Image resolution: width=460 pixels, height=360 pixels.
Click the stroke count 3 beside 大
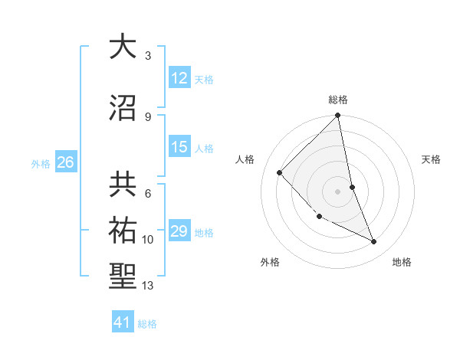tap(148, 55)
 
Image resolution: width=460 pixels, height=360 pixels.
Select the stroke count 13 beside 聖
tap(148, 286)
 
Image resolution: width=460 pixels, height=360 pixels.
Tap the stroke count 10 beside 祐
tap(148, 240)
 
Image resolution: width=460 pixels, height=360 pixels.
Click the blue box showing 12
tap(179, 77)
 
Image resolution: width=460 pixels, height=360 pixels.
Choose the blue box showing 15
tap(179, 147)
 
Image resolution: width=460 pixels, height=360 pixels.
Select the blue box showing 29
tap(179, 231)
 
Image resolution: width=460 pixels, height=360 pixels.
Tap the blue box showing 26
tap(65, 162)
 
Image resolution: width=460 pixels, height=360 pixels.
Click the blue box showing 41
tap(123, 322)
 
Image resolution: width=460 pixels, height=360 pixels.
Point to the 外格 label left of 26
tap(41, 163)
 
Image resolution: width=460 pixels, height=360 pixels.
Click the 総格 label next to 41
tap(147, 324)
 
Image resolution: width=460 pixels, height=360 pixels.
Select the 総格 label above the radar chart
tap(338, 100)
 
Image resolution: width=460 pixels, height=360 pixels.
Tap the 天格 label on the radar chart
tap(432, 159)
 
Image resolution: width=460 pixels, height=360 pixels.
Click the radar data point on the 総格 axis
tap(338, 116)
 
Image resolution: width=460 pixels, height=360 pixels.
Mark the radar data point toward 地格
tap(374, 242)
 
